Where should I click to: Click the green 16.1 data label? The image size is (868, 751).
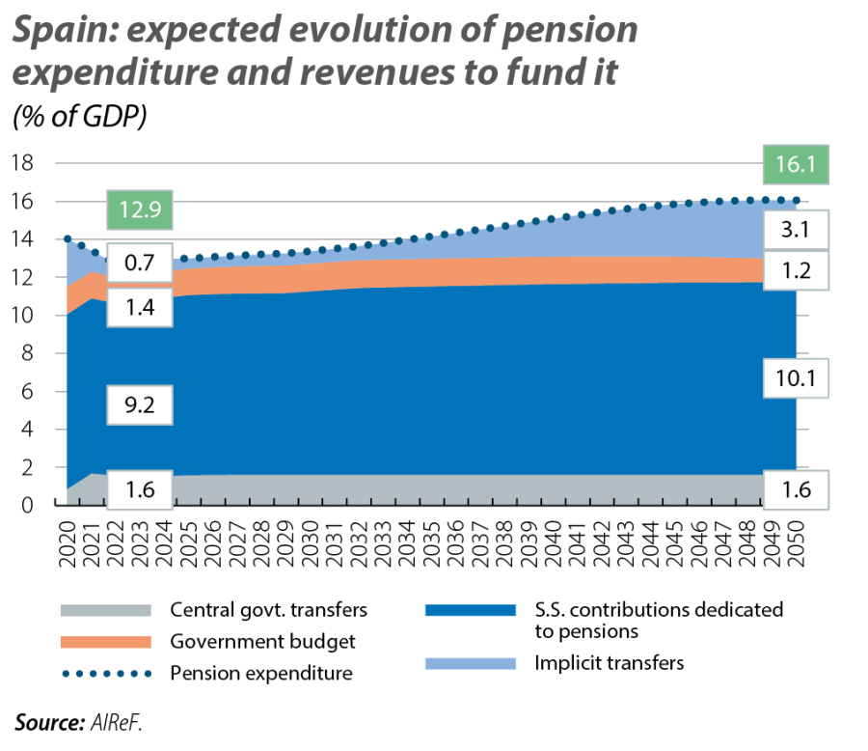tap(796, 166)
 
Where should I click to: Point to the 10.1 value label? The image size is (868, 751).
tap(796, 379)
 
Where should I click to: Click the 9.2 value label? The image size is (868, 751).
tap(140, 407)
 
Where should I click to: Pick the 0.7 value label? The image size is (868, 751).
tap(140, 261)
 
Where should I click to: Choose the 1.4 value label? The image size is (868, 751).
tap(140, 309)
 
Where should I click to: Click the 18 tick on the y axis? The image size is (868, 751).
tap(22, 163)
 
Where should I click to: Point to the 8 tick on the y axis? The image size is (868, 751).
tap(28, 353)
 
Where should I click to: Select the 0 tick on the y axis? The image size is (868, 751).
tap(28, 505)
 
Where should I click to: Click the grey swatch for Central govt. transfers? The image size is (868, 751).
tap(105, 610)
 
